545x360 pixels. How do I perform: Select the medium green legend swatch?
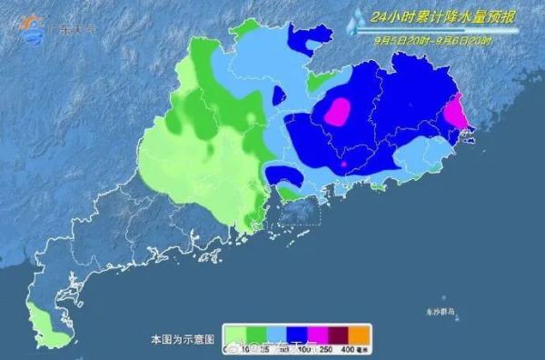[x=256, y=334]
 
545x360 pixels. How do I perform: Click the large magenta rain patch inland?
[x=337, y=111]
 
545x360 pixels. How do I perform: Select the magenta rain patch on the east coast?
[x=455, y=111]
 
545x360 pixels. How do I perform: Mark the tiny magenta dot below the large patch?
[x=344, y=164]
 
